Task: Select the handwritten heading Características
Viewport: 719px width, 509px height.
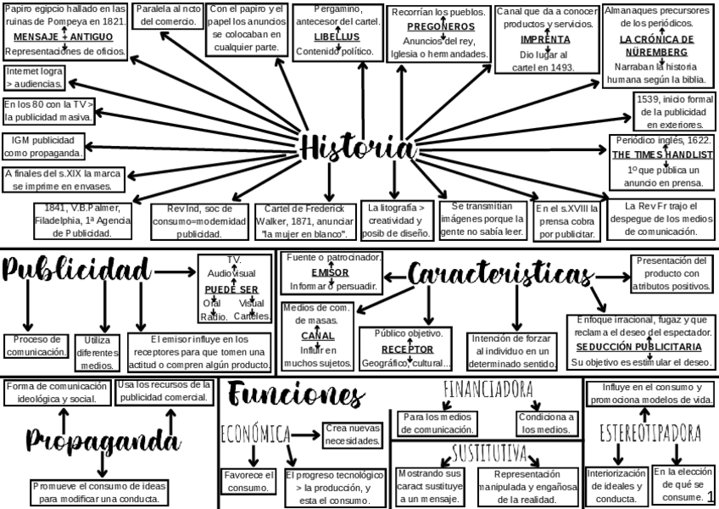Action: tap(500, 274)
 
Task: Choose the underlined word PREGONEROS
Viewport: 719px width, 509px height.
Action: tap(439, 26)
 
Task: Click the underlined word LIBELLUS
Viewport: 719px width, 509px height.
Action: tap(337, 37)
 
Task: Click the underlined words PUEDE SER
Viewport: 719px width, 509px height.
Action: tap(231, 288)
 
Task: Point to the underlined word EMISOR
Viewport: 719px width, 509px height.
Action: tap(330, 272)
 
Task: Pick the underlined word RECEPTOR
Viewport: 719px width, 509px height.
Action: tap(407, 349)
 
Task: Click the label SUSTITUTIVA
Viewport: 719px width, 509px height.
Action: tap(489, 450)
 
